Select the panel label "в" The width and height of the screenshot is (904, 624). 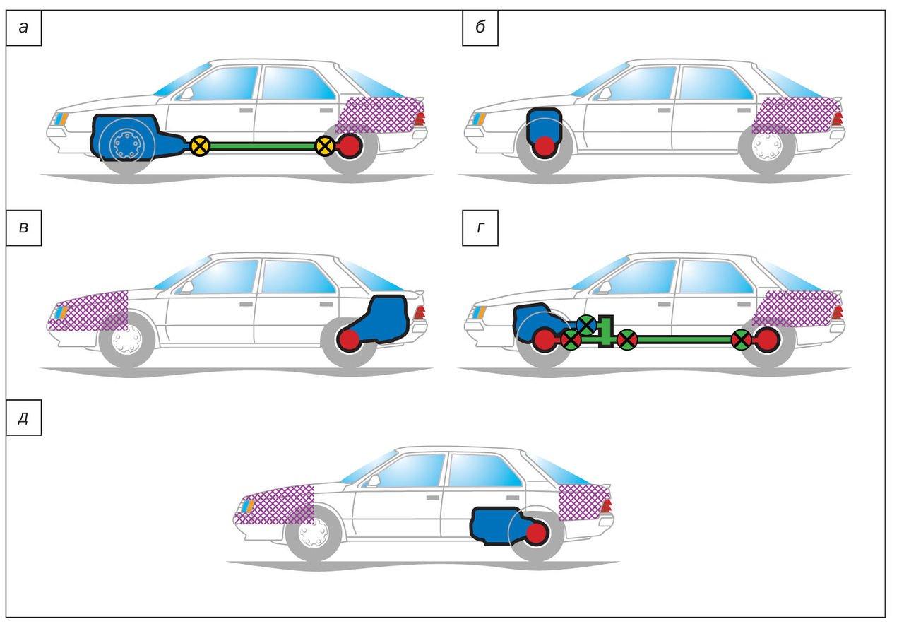[24, 230]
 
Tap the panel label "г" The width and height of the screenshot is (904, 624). [480, 230]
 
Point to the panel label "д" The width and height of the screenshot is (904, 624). [24, 417]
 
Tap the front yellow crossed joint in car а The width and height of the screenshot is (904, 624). [200, 146]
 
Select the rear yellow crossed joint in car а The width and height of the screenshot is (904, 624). [324, 146]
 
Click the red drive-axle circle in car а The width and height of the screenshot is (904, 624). [350, 146]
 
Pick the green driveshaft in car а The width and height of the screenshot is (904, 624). [261, 146]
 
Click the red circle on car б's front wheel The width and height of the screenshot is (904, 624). [544, 147]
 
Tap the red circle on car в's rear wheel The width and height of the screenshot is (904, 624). [349, 341]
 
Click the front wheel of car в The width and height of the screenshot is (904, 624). [126, 342]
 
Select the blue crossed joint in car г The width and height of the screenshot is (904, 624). [586, 324]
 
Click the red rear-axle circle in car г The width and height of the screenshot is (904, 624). [766, 340]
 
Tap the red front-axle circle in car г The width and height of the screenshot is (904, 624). [544, 340]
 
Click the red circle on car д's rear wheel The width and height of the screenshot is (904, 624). [536, 533]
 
